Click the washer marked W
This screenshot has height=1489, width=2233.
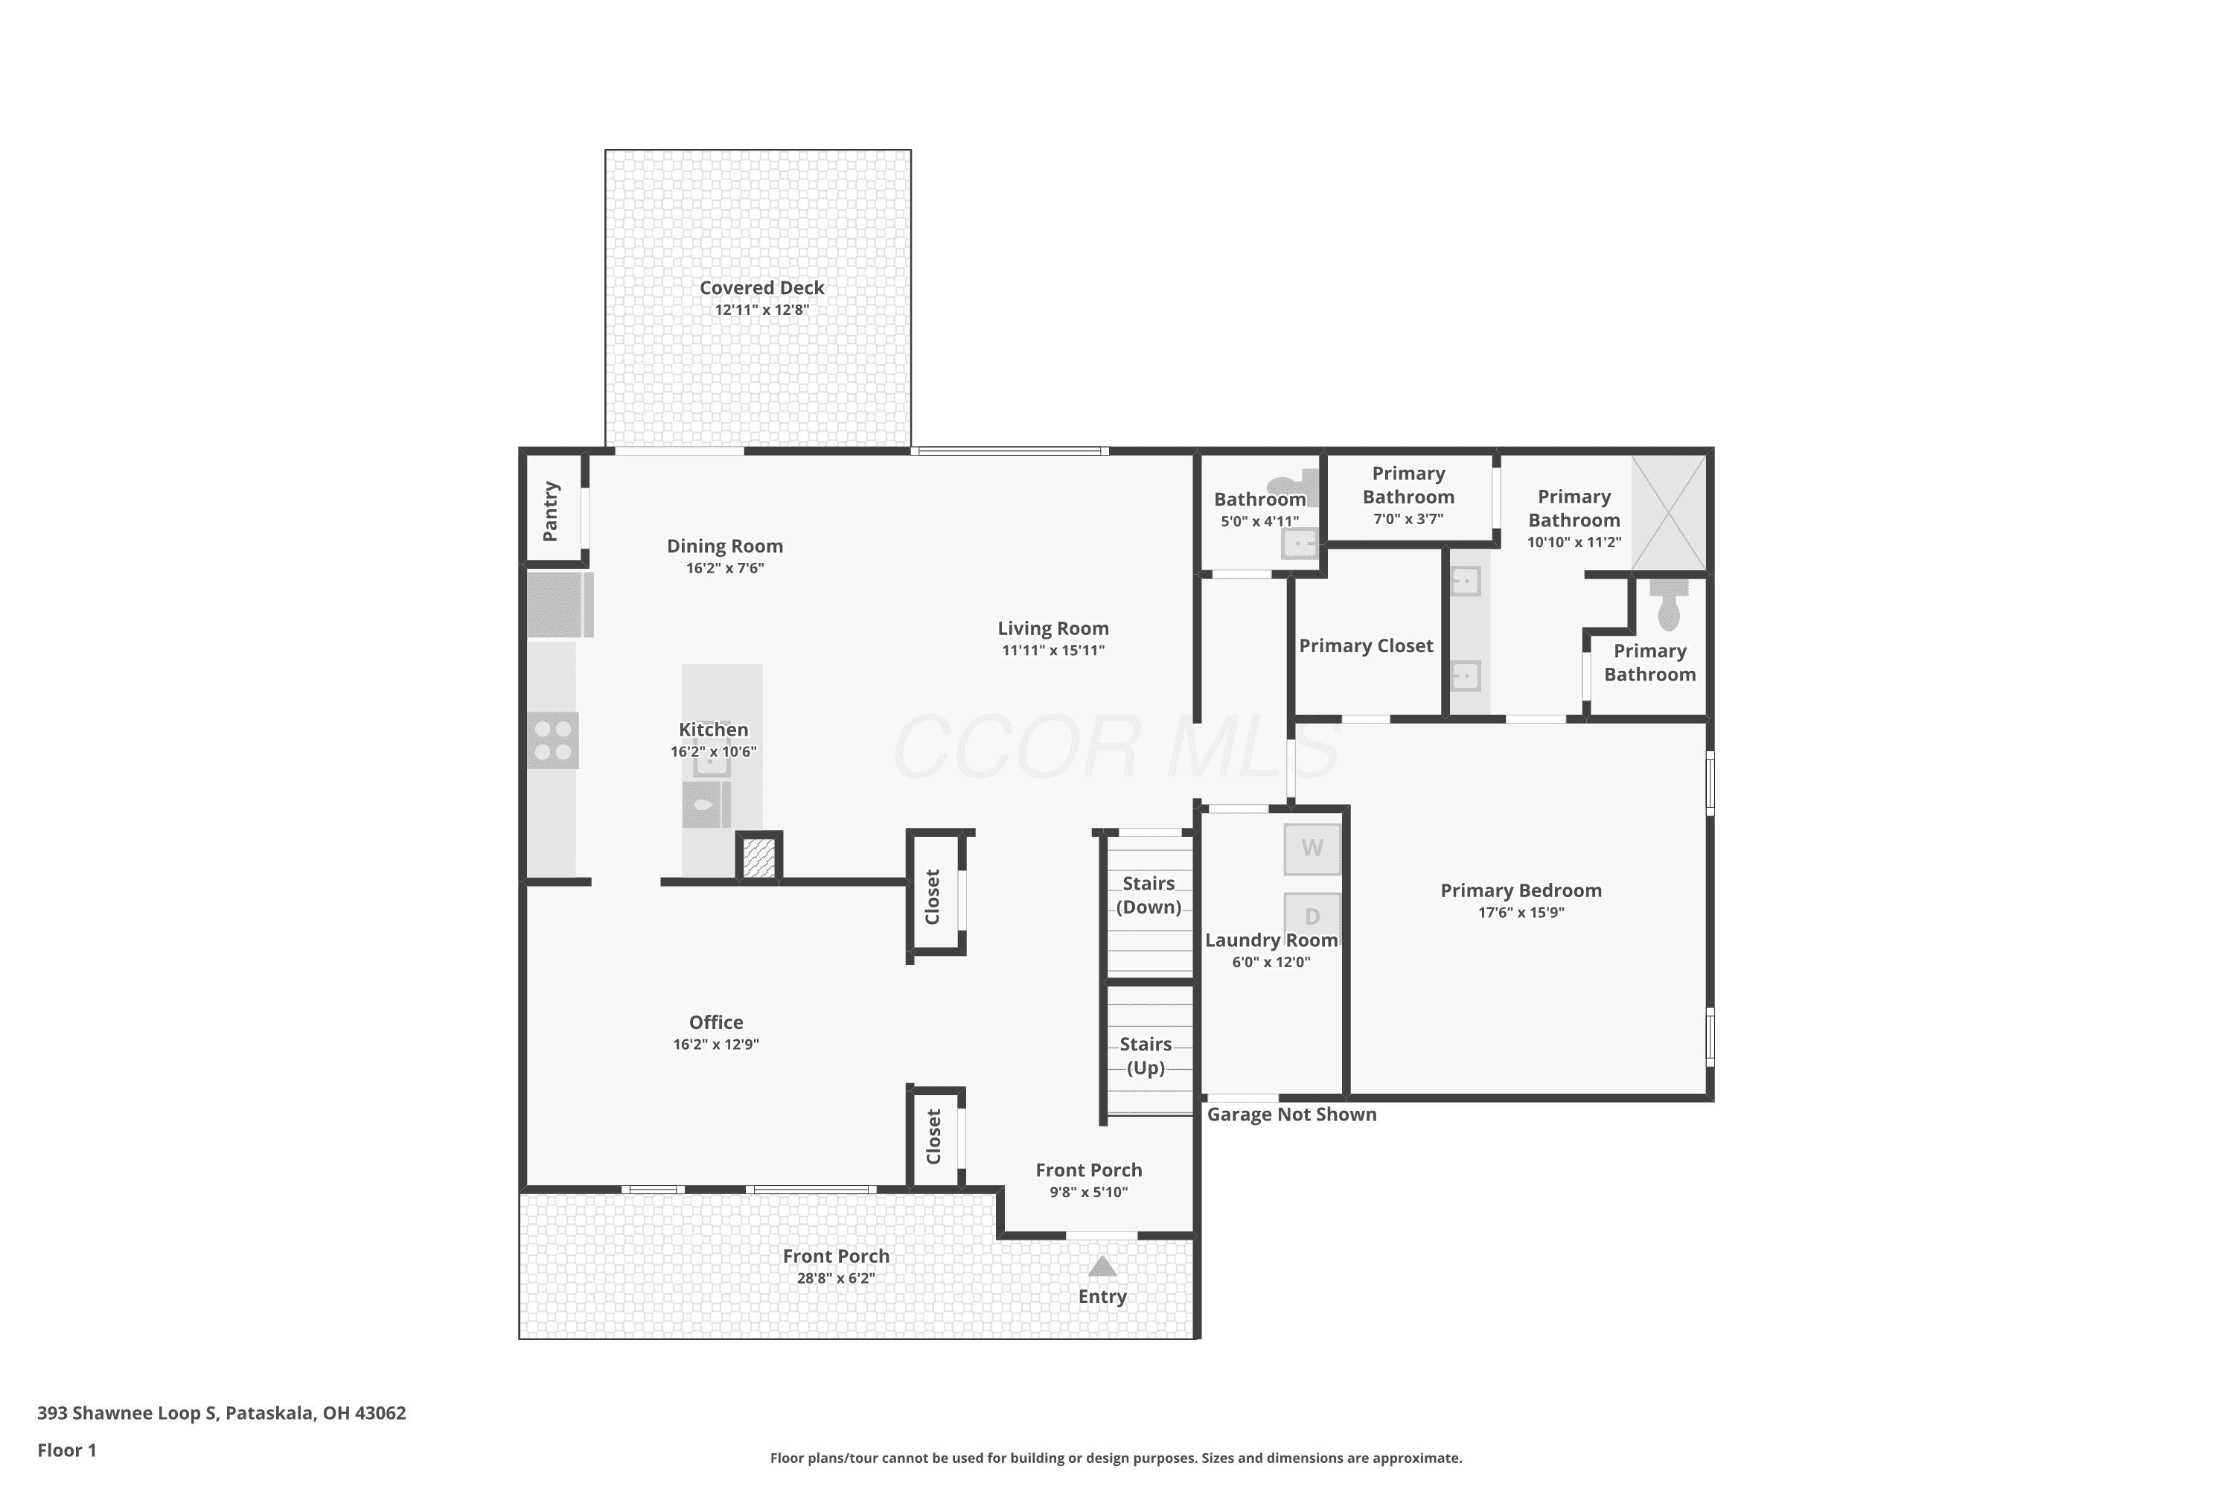pos(1312,848)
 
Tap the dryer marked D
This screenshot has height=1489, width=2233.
pos(1312,916)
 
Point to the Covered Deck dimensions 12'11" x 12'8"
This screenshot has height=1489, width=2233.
pos(761,310)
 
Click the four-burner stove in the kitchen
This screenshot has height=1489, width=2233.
pos(552,741)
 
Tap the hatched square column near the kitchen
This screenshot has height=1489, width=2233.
pos(758,858)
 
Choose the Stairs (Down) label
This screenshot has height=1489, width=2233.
pos(1149,896)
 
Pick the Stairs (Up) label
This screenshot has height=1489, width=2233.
pos(1146,1056)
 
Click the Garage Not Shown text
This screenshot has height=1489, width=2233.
pos(1291,1115)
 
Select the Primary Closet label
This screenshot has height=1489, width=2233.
pos(1366,645)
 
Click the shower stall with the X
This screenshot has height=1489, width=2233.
pos(1669,513)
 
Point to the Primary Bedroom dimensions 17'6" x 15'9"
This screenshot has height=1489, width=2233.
pos(1521,913)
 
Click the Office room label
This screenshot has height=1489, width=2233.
pos(716,1021)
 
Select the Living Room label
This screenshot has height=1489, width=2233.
pos(1053,628)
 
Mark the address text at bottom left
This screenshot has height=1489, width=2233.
pos(221,1412)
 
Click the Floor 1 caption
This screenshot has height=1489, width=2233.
pos(66,1450)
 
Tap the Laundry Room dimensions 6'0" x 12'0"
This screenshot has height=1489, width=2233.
pos(1271,962)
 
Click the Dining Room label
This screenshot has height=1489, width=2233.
pos(724,546)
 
